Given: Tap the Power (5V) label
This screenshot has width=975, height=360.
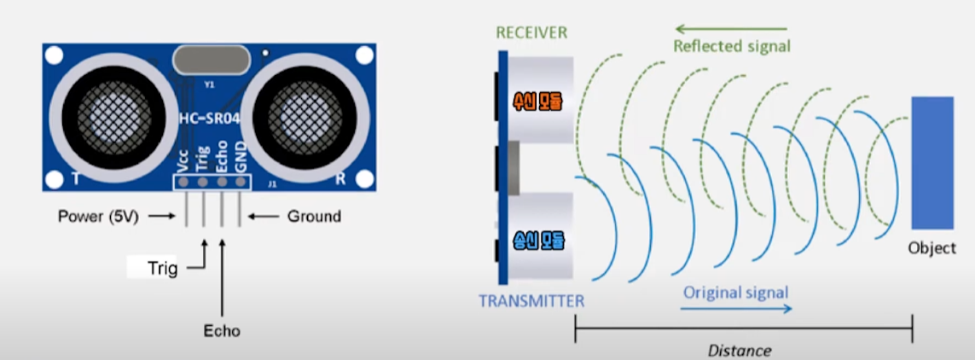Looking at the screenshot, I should (x=98, y=216).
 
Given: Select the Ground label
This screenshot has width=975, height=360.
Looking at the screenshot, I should (x=314, y=216).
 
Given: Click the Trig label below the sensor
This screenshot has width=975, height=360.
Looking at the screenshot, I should (x=162, y=269).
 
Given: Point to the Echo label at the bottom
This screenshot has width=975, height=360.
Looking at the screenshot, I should (x=222, y=330).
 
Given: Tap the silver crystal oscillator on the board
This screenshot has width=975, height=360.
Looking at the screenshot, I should (x=209, y=61).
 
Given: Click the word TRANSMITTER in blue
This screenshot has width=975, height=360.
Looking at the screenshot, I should (x=531, y=300).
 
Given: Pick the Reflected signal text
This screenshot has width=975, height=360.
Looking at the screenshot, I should (x=732, y=46).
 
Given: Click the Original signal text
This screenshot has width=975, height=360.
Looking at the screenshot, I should (x=735, y=292).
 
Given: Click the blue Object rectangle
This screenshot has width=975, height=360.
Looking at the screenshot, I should (x=931, y=162).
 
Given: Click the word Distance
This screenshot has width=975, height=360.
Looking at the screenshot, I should (x=740, y=351).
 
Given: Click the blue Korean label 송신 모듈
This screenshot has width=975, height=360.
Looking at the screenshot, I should (x=538, y=241).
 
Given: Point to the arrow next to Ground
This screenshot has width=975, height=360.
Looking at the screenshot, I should (x=265, y=216).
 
